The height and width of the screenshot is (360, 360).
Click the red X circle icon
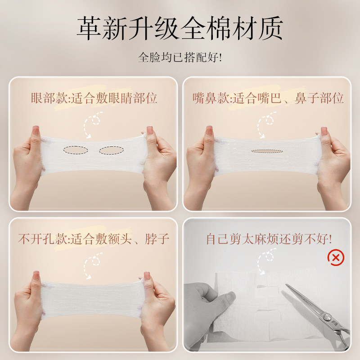click(x=335, y=257)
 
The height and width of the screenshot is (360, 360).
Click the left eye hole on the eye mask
click(x=76, y=149)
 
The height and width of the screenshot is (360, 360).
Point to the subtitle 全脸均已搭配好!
click(x=180, y=58)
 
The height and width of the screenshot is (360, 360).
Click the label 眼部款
click(x=45, y=98)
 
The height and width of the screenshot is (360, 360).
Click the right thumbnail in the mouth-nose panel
click(x=323, y=131)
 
